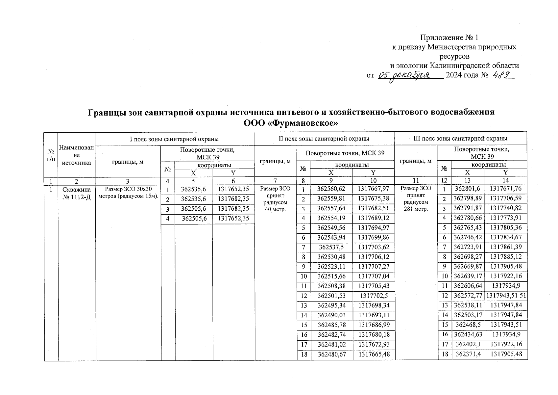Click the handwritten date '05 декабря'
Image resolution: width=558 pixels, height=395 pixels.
pos(404,75)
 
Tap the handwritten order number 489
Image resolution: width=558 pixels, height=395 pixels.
pos(502,75)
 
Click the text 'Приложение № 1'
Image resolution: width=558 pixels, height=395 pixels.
pos(451,38)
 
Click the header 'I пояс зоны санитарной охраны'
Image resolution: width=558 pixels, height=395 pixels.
pos(174,139)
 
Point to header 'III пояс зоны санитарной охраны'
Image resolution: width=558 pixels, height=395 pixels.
pos(460,139)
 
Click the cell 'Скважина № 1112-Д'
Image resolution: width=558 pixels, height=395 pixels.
pos(76,194)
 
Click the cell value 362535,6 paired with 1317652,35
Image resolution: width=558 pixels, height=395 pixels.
pos(193,189)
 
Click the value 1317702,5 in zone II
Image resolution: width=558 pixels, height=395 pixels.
pos(374,296)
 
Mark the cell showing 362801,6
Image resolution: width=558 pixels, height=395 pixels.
pos(468,189)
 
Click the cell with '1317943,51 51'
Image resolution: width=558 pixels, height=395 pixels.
pos(506,296)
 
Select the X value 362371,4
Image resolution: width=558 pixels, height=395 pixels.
pos(468,354)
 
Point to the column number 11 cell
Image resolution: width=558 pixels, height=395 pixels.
pos(416,180)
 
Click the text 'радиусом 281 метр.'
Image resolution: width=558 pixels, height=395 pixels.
pos(416,205)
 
